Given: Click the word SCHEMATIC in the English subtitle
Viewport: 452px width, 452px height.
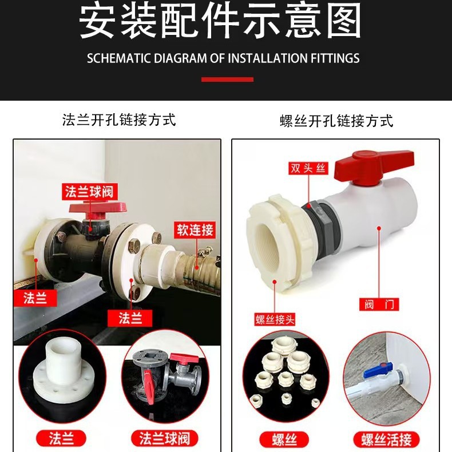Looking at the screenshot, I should [116, 58].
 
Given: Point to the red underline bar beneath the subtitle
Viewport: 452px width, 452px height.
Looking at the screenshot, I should [227, 80].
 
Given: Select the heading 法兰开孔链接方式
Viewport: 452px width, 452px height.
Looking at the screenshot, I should [119, 120].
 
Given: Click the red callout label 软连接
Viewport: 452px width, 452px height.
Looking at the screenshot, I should [195, 230].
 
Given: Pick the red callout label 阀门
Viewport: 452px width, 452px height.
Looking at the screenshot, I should [378, 304].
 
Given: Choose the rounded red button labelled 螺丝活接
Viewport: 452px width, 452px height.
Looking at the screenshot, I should [386, 439].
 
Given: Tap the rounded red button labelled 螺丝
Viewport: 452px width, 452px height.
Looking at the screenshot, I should [283, 439].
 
